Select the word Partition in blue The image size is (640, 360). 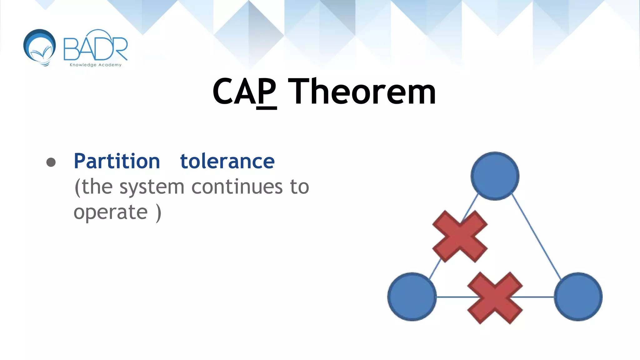117,162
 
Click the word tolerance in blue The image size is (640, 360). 227,162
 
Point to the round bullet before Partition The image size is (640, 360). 51,162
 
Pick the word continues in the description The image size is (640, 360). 237,187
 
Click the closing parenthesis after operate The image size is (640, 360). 159,213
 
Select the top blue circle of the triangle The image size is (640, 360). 495,176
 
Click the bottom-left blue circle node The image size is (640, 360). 412,297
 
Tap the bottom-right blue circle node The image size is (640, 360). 578,297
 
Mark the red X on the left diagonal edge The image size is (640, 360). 460,236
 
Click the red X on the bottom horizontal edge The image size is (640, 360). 495,297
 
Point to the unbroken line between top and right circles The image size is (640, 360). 537,236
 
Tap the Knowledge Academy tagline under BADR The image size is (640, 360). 95,65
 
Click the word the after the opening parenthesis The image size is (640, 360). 97,187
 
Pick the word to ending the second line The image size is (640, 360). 299,187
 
